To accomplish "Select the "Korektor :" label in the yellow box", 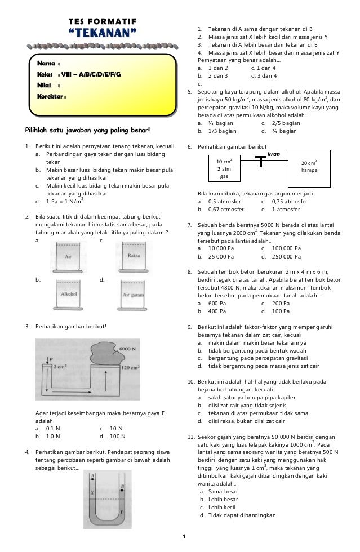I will pos(52,97).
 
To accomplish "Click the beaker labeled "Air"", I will pos(68,256).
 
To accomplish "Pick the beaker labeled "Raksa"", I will pos(134,255).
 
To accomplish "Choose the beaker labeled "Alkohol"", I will pos(68,293).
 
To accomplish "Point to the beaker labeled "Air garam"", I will pos(134,294).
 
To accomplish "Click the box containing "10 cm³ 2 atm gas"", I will pos(225,168).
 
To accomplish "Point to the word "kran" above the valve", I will pos(274,153).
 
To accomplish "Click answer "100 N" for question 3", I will pos(117,436).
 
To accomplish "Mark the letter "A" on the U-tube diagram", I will pos(92,475).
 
